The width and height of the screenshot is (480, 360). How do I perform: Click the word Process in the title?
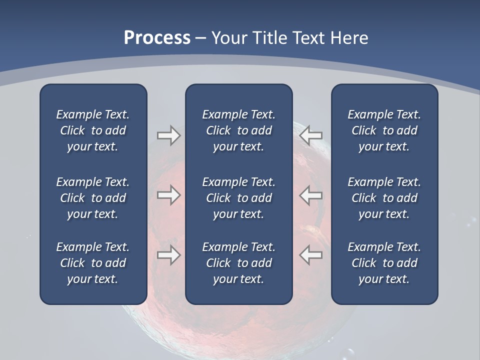(157, 38)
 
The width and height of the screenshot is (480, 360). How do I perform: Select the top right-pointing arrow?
(168, 135)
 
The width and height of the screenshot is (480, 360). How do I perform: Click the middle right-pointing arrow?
(168, 195)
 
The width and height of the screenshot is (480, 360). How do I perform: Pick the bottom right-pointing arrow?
(168, 255)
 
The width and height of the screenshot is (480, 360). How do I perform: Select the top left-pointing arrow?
(311, 135)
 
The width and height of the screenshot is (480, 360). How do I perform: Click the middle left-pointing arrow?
(311, 195)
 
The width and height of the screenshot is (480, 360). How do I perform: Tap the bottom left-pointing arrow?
(311, 255)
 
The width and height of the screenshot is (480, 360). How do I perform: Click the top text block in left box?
(93, 130)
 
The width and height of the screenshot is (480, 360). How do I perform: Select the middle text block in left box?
(93, 198)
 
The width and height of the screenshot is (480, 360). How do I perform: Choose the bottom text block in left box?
(93, 263)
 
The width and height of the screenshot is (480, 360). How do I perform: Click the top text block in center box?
(239, 130)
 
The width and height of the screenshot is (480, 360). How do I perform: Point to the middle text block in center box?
(239, 198)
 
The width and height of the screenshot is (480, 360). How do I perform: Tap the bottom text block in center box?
(239, 263)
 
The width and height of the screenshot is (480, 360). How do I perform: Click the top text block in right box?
(384, 130)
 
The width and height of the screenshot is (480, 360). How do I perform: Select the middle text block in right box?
(384, 198)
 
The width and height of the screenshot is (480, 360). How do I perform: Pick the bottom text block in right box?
(384, 263)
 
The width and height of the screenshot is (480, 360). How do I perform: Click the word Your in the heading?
(228, 38)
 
